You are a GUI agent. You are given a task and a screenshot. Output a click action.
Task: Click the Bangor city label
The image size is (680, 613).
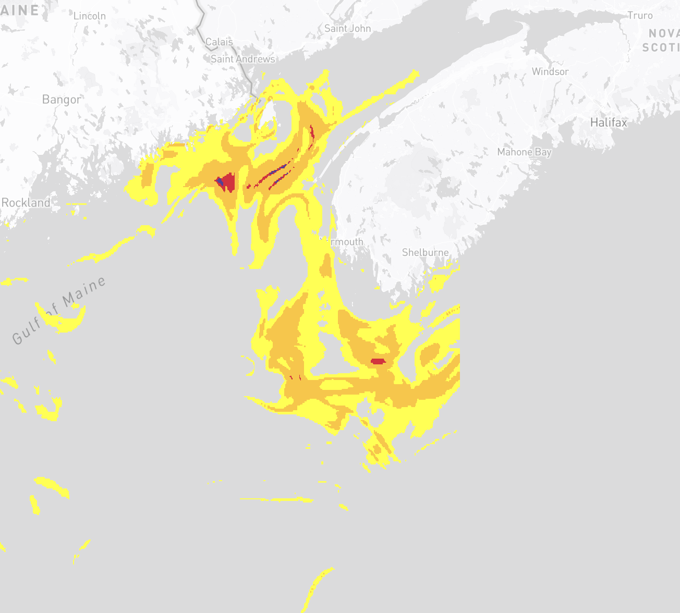click(x=62, y=100)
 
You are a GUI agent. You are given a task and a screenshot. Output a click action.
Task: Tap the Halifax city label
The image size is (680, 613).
click(x=609, y=122)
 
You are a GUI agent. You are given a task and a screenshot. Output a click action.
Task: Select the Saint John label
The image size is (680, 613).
click(x=347, y=29)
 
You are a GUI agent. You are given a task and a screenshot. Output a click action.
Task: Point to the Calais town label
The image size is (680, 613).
click(x=219, y=42)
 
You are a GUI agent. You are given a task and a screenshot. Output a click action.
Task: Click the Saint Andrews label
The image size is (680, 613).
click(x=242, y=59)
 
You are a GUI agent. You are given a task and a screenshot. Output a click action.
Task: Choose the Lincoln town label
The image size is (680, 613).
click(x=90, y=16)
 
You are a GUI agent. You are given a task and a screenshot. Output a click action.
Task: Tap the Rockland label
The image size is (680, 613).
click(x=26, y=203)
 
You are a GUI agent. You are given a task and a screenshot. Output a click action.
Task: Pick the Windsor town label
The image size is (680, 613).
click(x=550, y=71)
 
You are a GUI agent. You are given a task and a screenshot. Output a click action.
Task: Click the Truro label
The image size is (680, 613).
click(x=640, y=16)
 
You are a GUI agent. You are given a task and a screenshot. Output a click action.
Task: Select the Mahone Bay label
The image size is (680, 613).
click(x=524, y=152)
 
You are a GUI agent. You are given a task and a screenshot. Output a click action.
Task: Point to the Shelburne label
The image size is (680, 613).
click(x=425, y=252)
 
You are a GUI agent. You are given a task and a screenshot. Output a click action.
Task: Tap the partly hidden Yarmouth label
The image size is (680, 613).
click(x=343, y=242)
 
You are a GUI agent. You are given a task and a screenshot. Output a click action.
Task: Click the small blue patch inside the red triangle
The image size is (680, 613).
click(x=220, y=181)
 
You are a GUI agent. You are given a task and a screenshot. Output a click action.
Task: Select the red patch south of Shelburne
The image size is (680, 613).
click(x=378, y=361)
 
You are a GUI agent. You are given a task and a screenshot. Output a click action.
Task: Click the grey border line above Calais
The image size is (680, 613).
click(x=201, y=21)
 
